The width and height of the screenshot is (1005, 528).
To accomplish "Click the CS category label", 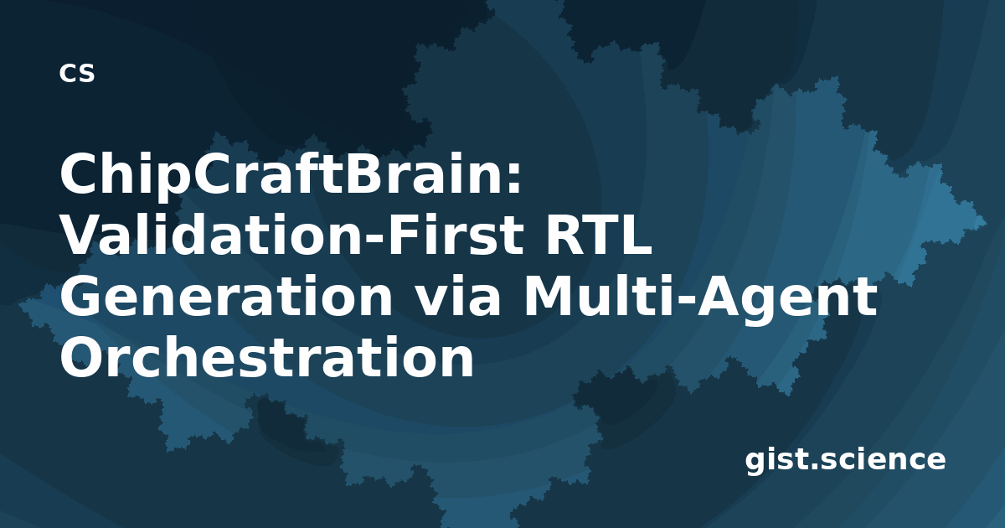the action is click(77, 73).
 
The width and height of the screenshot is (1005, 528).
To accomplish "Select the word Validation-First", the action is click(291, 235).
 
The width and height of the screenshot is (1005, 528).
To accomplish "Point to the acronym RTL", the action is click(598, 236).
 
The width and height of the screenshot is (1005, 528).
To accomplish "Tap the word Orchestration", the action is click(266, 356).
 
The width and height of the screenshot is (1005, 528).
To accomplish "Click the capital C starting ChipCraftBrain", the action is click(80, 173).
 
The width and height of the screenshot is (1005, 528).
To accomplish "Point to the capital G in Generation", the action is click(82, 297).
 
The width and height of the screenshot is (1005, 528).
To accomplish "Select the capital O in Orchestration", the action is click(83, 357).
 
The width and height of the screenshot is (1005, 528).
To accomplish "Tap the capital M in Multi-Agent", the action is click(550, 297).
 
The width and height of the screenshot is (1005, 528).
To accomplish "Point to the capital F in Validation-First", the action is click(406, 235).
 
